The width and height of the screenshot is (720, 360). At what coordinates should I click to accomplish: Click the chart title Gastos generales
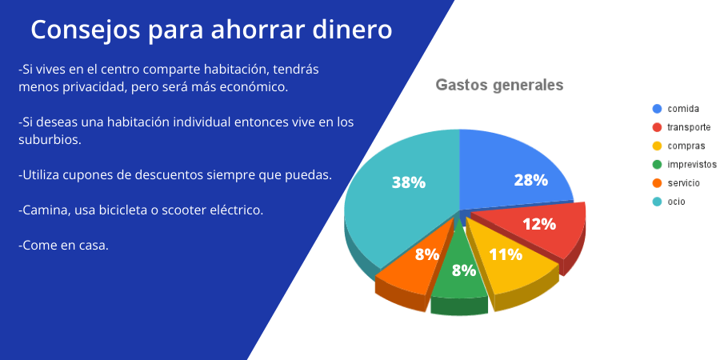(499, 86)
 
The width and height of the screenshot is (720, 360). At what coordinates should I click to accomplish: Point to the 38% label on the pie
(408, 182)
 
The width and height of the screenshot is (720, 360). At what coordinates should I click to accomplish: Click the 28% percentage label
(530, 180)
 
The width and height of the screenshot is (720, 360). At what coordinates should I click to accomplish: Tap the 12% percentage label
(539, 224)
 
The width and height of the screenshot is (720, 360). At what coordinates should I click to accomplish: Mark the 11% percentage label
(506, 254)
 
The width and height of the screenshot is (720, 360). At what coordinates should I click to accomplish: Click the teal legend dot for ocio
(657, 202)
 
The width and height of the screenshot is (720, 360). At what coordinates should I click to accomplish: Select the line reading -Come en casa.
(63, 245)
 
